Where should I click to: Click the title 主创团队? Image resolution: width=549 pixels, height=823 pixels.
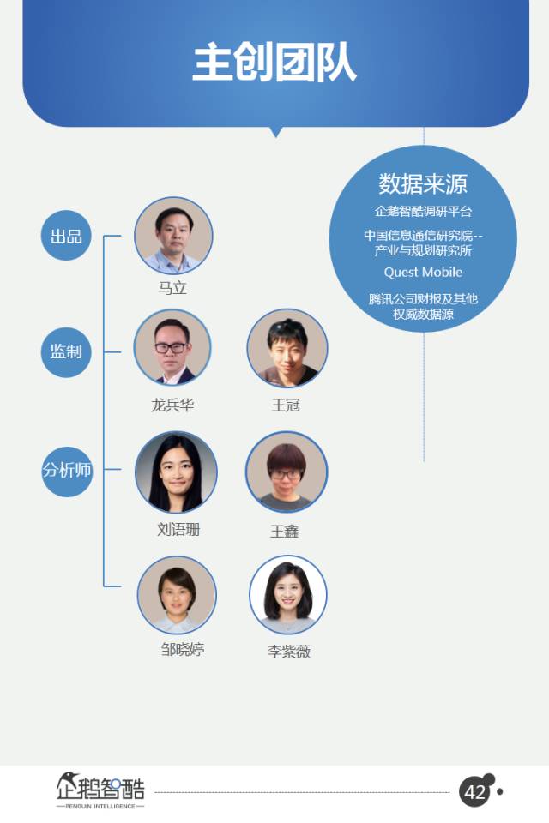pyautogui.click(x=274, y=63)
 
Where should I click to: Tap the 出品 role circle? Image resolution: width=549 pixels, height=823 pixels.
pyautogui.click(x=66, y=236)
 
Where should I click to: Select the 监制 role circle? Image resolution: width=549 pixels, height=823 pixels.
pyautogui.click(x=66, y=351)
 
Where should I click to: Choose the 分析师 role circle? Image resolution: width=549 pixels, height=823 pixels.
pyautogui.click(x=67, y=471)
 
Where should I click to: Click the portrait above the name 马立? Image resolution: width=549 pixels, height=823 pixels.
pyautogui.click(x=173, y=236)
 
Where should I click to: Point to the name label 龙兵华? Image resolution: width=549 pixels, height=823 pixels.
pyautogui.click(x=172, y=405)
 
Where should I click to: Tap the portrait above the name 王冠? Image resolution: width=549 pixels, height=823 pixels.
pyautogui.click(x=287, y=348)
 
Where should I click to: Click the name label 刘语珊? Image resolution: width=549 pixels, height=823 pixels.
pyautogui.click(x=178, y=529)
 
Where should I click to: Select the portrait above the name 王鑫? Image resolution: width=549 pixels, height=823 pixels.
pyautogui.click(x=287, y=472)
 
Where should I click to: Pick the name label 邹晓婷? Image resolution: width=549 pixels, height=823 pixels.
pyautogui.click(x=183, y=649)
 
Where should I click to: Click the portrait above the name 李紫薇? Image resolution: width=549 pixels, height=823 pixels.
pyautogui.click(x=288, y=595)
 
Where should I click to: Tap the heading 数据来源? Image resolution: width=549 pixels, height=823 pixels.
pyautogui.click(x=423, y=183)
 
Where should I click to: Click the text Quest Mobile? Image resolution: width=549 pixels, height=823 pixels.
pyautogui.click(x=423, y=272)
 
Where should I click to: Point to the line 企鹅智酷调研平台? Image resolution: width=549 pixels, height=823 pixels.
pyautogui.click(x=423, y=211)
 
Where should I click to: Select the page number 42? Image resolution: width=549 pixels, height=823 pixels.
pyautogui.click(x=475, y=792)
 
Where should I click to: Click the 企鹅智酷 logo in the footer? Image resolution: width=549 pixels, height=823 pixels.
pyautogui.click(x=100, y=786)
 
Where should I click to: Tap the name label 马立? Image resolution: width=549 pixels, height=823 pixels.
pyautogui.click(x=172, y=288)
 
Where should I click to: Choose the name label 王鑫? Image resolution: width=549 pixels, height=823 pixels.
pyautogui.click(x=285, y=532)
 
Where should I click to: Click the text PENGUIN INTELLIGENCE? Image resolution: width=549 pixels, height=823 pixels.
pyautogui.click(x=100, y=806)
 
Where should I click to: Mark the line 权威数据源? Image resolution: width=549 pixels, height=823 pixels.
pyautogui.click(x=423, y=314)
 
